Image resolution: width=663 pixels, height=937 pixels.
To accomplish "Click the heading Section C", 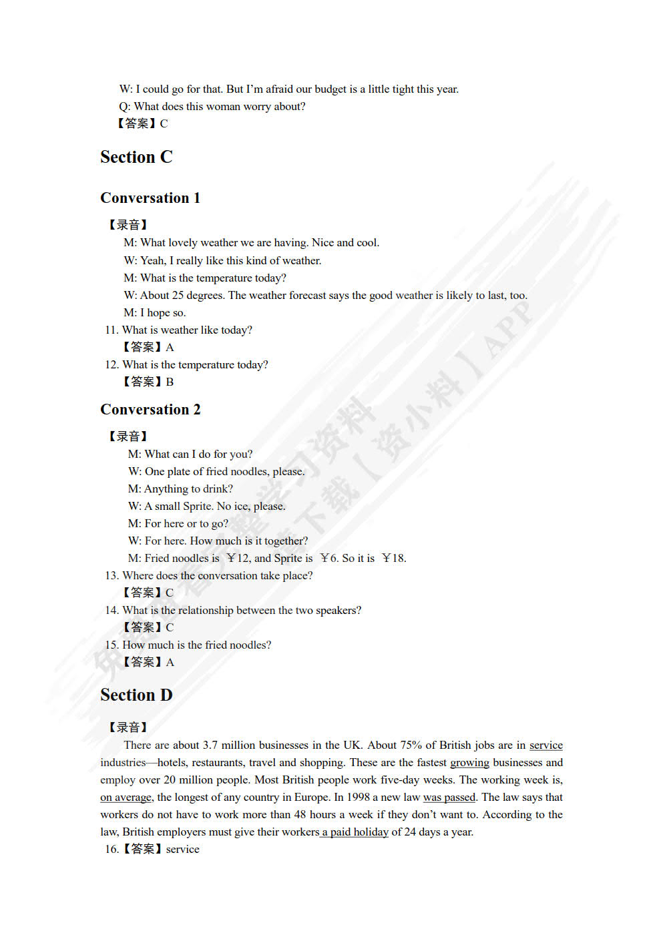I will [136, 158].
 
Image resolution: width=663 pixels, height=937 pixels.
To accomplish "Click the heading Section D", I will [136, 695].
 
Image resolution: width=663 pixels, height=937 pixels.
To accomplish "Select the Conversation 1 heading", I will [150, 198].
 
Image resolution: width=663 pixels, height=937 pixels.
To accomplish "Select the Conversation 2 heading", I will [150, 410].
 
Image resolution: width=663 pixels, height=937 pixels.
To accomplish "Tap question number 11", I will [111, 330].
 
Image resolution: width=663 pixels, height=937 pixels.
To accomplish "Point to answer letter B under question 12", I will [170, 382].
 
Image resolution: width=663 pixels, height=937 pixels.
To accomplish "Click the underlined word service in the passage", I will [545, 745].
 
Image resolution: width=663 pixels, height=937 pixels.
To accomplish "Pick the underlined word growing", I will [469, 763].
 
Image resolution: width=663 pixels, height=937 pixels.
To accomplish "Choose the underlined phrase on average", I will [126, 798].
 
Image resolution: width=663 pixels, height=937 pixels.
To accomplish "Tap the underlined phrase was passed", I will [449, 798].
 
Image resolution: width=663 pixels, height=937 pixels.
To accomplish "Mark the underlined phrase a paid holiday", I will [355, 832].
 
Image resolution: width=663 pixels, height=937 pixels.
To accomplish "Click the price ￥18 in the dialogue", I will [394, 559].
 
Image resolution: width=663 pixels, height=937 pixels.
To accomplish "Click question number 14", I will [111, 611].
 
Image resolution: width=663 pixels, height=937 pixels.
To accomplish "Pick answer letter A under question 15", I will [170, 663].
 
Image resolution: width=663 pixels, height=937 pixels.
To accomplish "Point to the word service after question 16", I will [182, 850].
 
